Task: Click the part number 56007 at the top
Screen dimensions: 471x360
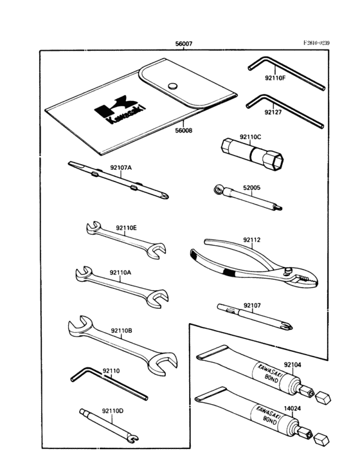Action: pos(184,44)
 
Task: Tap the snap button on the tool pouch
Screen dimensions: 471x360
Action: pos(172,85)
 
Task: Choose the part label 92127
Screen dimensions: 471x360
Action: pos(273,112)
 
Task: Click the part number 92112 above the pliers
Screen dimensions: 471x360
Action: pos(251,240)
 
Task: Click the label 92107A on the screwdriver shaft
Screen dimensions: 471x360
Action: pos(120,167)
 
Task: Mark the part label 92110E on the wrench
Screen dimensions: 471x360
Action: pos(127,228)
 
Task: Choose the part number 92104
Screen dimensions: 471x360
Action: pos(292,364)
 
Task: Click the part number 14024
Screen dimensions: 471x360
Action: pos(292,407)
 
